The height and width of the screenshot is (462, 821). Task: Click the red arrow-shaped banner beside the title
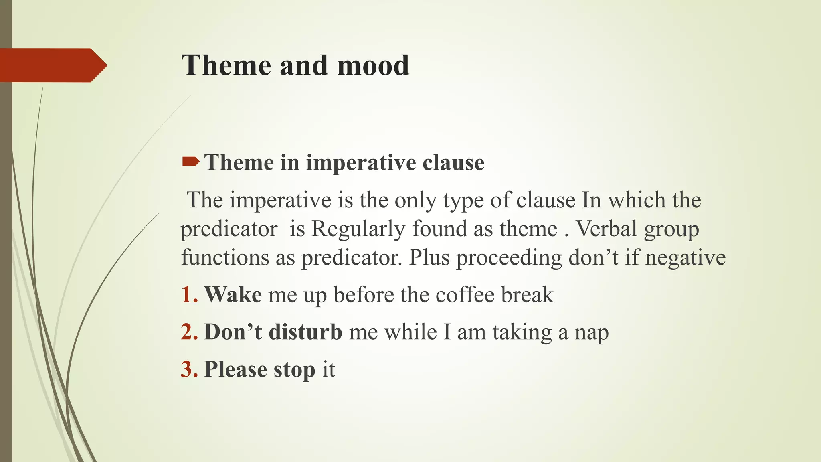pyautogui.click(x=52, y=65)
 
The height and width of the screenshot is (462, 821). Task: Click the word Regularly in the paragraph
pyautogui.click(x=358, y=229)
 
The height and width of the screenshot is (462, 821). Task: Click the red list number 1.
pyautogui.click(x=189, y=295)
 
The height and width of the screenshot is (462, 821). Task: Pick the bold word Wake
pyautogui.click(x=233, y=295)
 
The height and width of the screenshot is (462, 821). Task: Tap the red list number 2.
pyautogui.click(x=189, y=332)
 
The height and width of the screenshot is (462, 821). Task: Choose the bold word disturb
pyautogui.click(x=305, y=332)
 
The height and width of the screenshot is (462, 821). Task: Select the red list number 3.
pyautogui.click(x=189, y=369)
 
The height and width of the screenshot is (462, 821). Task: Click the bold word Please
pyautogui.click(x=235, y=369)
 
